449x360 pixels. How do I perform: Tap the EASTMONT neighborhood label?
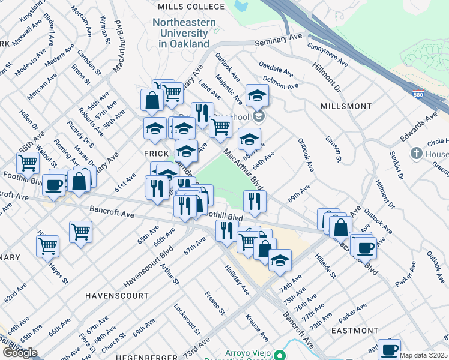point(354,331)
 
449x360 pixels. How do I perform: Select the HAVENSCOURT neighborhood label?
point(116,296)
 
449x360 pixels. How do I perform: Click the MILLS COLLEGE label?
point(182,7)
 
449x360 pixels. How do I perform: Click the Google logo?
point(19,353)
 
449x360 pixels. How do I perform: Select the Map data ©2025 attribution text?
point(423,355)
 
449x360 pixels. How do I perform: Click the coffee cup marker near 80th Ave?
point(389,348)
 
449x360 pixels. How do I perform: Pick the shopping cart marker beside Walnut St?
point(28,161)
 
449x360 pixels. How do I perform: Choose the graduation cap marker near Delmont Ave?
point(257,95)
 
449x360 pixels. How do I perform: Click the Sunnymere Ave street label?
point(328,54)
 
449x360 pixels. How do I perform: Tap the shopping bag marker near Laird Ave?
point(152,100)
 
